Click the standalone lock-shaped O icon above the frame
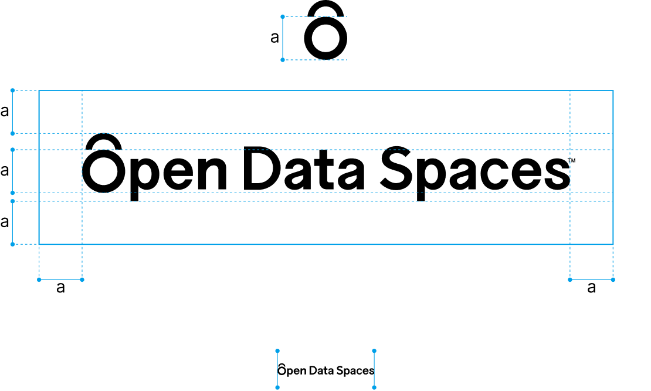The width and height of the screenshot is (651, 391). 325,54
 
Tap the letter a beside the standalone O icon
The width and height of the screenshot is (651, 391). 274,38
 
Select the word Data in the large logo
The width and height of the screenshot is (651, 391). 303,168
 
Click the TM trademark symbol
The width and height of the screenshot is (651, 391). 571,160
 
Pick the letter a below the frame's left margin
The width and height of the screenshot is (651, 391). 60,287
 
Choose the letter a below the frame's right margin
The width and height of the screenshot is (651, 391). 592,287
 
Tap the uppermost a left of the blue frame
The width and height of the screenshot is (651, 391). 5,111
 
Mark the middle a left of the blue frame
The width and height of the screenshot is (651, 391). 5,170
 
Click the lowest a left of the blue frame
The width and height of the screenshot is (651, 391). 5,222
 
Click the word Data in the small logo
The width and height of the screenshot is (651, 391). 322,370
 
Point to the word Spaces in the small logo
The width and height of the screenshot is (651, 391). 355,371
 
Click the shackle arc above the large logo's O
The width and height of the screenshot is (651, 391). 104,136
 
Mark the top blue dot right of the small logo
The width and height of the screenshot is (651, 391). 374,351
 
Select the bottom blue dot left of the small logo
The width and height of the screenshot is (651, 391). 277,387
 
